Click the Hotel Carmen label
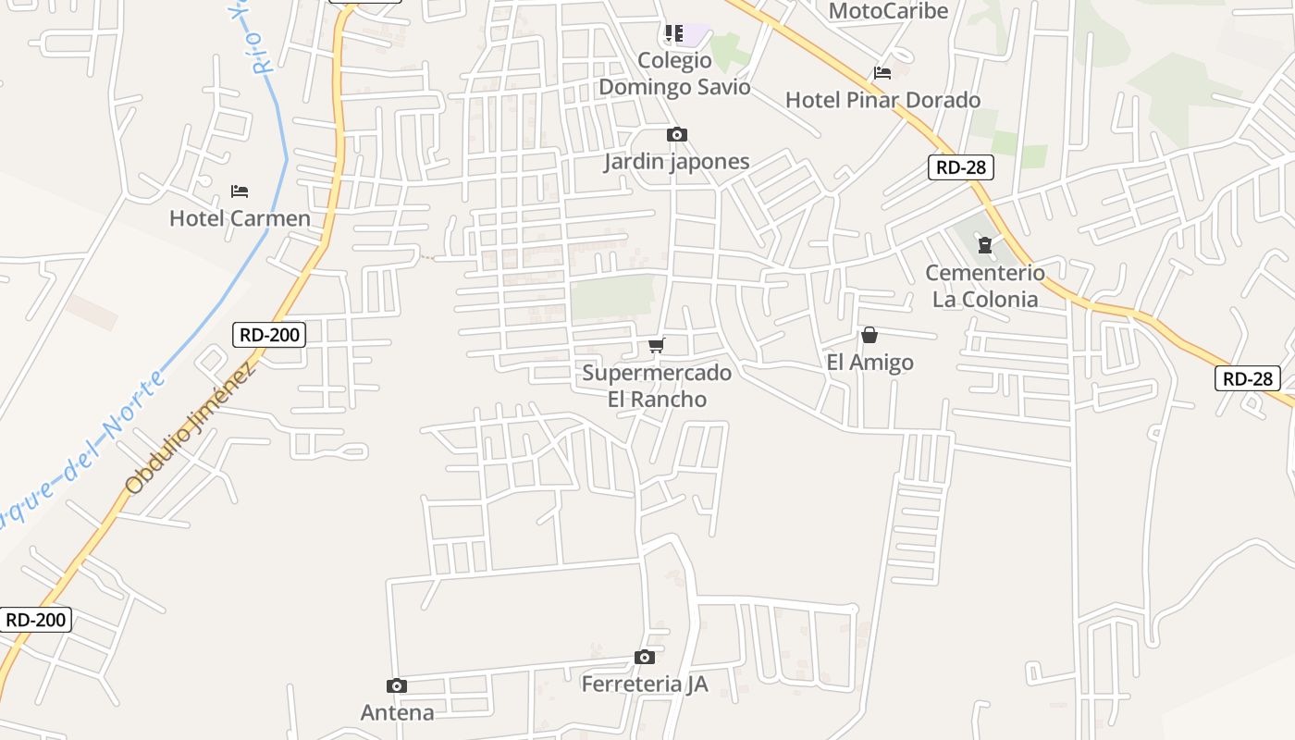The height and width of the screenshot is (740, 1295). tap(240, 218)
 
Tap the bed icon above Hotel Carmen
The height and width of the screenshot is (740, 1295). tap(240, 191)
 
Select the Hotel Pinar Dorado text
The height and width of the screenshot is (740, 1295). tap(882, 100)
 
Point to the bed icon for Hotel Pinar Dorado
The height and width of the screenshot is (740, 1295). tap(882, 72)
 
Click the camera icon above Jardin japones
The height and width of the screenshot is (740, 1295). tap(677, 135)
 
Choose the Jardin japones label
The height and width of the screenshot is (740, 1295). tap(676, 162)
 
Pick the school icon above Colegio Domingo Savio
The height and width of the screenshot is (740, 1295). tap(674, 34)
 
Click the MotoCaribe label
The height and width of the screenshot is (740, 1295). tap(888, 11)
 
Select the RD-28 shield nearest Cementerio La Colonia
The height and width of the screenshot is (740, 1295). tap(962, 167)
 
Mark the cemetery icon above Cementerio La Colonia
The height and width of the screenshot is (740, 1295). tap(985, 245)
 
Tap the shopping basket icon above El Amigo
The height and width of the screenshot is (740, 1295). tap(869, 335)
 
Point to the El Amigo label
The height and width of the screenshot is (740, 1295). tap(869, 362)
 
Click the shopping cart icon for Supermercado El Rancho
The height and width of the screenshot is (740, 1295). tap(657, 346)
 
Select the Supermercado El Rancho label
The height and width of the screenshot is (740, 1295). tap(657, 386)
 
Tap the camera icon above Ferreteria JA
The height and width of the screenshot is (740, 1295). tap(645, 658)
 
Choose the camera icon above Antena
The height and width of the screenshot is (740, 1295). tap(397, 686)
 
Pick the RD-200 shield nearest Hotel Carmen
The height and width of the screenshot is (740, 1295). tap(270, 334)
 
